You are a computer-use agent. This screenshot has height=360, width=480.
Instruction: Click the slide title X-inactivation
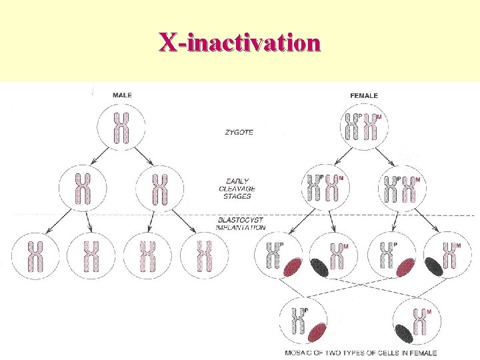click(239, 42)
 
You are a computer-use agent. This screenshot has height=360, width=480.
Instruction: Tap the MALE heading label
click(122, 95)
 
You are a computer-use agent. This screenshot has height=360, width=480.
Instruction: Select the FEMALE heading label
click(364, 95)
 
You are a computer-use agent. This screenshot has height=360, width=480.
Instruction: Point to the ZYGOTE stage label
click(239, 133)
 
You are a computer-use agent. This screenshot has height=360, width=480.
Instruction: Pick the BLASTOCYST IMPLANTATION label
click(241, 223)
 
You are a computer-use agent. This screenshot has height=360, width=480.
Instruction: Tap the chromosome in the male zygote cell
click(121, 128)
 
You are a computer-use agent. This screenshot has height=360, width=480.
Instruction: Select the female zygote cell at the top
click(363, 127)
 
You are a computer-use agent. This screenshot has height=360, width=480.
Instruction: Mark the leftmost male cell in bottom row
click(35, 256)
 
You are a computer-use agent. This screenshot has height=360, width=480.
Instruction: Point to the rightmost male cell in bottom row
click(204, 256)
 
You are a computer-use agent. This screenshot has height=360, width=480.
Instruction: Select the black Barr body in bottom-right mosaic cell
click(404, 333)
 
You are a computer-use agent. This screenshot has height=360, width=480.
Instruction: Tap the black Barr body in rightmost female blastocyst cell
click(435, 265)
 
